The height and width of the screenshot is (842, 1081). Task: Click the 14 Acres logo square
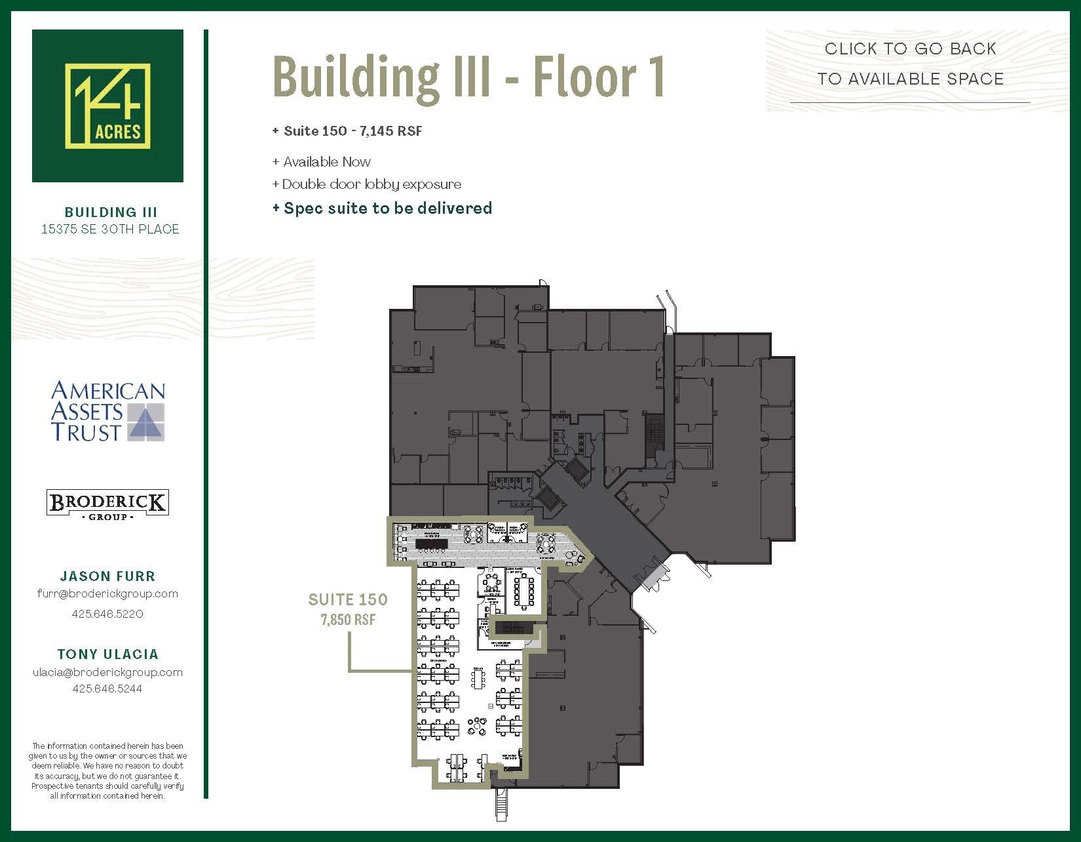(107, 106)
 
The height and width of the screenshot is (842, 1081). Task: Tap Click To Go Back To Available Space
(910, 64)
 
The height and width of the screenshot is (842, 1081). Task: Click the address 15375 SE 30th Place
(110, 229)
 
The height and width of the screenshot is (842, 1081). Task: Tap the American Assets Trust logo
(107, 411)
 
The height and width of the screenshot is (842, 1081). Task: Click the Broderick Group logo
(107, 504)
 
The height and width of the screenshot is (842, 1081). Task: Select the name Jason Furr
(107, 576)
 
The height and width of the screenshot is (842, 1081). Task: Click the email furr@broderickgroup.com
(107, 593)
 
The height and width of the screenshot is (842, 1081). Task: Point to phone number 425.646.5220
(107, 614)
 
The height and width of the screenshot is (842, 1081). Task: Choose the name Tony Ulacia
(107, 654)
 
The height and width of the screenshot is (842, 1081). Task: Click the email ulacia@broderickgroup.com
(107, 672)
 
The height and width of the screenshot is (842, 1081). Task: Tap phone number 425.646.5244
(107, 689)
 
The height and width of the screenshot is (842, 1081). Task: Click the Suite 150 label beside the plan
(348, 599)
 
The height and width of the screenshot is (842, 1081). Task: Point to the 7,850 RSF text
(348, 620)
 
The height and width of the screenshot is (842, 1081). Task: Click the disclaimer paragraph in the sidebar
(107, 771)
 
